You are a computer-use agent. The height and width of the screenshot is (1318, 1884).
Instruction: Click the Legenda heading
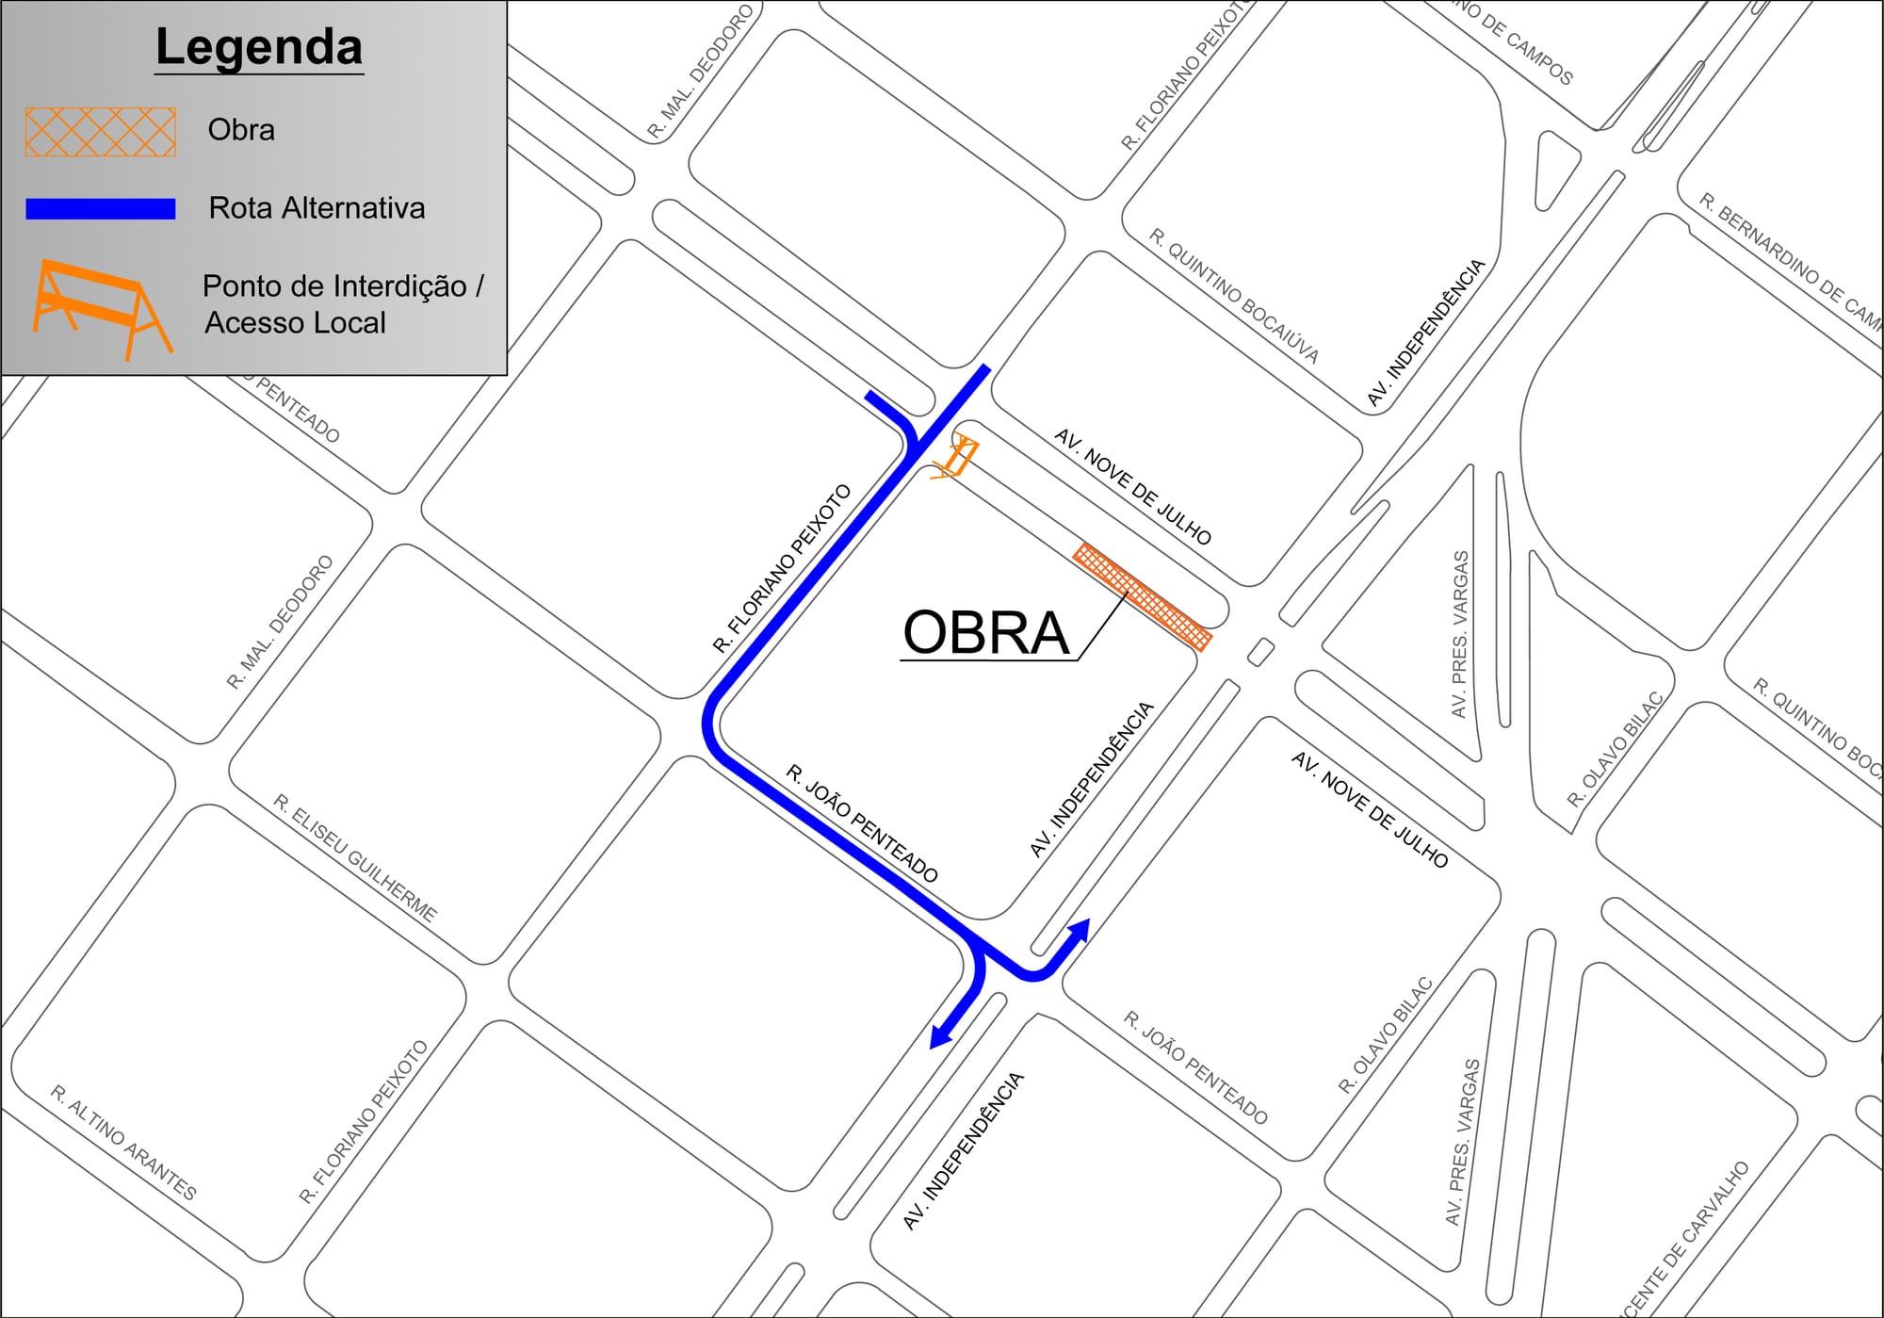[x=259, y=47]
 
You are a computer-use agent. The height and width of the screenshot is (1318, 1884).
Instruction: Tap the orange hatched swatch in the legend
[x=101, y=132]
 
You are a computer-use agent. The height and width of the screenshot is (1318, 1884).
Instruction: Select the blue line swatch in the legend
[x=101, y=209]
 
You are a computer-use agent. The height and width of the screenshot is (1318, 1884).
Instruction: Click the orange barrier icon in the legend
[x=102, y=307]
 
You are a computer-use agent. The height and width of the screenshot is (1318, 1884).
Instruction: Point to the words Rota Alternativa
[x=317, y=208]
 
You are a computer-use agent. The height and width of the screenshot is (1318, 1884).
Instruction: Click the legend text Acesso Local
[x=295, y=323]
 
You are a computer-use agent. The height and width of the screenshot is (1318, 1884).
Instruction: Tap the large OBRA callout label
[x=985, y=632]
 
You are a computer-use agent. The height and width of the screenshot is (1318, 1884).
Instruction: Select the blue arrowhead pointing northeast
[x=1080, y=930]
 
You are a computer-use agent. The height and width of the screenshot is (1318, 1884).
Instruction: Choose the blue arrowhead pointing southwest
[x=941, y=1035]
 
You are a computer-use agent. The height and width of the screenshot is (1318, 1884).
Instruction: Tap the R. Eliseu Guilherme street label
[x=355, y=857]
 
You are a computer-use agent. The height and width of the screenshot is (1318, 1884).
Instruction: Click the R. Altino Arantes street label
[x=123, y=1142]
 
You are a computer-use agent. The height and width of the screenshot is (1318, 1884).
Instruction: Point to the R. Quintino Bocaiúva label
[x=1233, y=296]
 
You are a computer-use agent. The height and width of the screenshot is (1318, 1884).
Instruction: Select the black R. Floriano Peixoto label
[x=782, y=569]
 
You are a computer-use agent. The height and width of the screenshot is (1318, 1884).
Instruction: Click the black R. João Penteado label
[x=862, y=823]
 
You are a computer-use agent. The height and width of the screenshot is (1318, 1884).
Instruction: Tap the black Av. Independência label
[x=1092, y=779]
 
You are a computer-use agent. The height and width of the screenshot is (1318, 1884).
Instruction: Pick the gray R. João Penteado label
[x=1195, y=1067]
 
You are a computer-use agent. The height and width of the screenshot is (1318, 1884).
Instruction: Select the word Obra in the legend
[x=241, y=130]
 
